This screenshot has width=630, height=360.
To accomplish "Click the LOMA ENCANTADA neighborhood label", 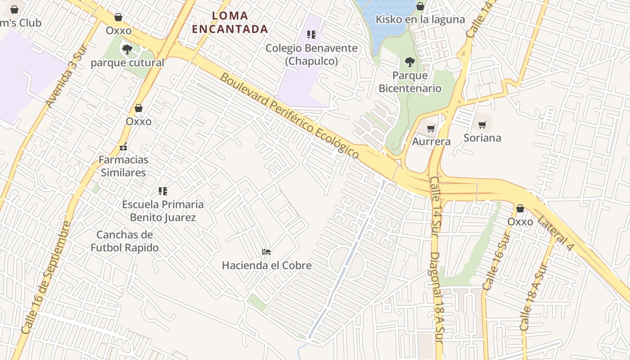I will coord(230,22).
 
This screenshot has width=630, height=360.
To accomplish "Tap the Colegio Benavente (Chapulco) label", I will coord(311,54).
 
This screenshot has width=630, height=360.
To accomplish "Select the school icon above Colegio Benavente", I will coord(311,35).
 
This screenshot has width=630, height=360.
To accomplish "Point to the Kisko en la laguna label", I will coord(420,19).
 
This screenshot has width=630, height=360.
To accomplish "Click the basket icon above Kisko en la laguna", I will coord(420,6).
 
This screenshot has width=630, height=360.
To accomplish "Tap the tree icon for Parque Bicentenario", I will coord(409,62).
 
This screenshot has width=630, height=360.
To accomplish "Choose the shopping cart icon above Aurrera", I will coord(431,129).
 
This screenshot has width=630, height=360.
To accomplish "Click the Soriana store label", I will coord(482,138).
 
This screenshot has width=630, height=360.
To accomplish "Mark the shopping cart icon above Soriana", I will coord(482,125).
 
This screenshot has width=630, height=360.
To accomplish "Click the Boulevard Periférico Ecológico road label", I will coord(289,116).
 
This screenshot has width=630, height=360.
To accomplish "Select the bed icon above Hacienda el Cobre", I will coord(266,252).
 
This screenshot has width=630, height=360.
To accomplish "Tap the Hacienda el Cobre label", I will coord(266,265).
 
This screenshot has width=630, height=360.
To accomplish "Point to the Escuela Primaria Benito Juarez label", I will coord(163,211).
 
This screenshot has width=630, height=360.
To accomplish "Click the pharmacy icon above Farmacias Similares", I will coord(123,147).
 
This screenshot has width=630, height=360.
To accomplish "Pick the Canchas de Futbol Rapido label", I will coord(125,241).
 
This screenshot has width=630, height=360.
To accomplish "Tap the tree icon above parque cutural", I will coord(127,49).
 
